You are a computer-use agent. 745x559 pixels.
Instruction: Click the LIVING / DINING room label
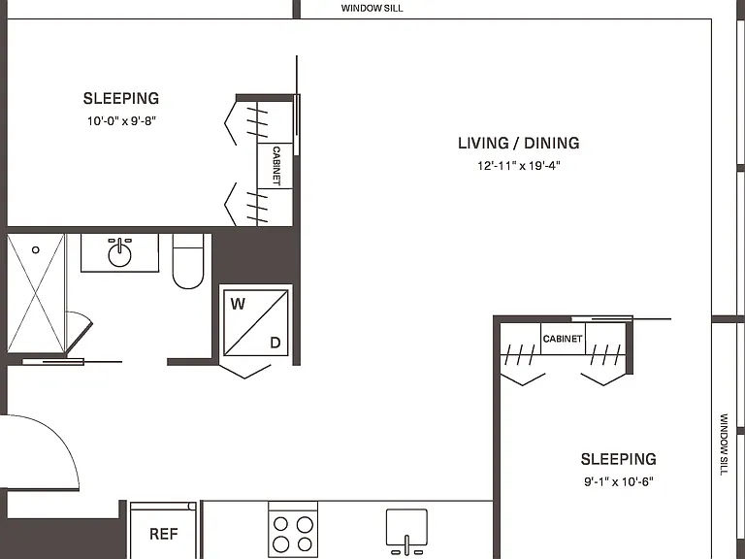tap(518, 143)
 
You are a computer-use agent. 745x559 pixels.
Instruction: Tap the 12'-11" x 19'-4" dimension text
tap(519, 166)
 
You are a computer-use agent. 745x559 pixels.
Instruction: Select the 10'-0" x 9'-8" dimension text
tap(121, 121)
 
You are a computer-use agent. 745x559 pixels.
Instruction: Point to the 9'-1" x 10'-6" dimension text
tap(619, 482)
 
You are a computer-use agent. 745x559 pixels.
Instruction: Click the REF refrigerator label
tap(163, 535)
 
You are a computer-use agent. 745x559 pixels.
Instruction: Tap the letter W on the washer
tap(238, 304)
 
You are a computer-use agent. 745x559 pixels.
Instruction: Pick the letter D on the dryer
tap(275, 343)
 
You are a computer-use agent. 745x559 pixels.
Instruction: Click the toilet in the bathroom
tap(188, 261)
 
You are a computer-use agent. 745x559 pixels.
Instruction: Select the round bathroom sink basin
tap(119, 255)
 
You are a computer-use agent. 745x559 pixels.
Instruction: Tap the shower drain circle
tap(36, 249)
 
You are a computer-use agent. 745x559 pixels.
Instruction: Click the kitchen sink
tap(406, 529)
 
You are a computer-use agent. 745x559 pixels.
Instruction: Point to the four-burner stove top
tap(293, 530)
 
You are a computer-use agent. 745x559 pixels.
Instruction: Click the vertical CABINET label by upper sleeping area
tap(276, 166)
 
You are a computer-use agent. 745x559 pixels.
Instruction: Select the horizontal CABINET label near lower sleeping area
tap(563, 339)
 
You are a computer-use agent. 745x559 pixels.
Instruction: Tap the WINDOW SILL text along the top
tap(372, 8)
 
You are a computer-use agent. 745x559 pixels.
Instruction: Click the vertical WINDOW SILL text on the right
tap(724, 444)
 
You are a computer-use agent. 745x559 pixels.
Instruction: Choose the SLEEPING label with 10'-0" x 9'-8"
tap(121, 98)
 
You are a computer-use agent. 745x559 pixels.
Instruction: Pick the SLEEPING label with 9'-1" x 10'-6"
tap(619, 459)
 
